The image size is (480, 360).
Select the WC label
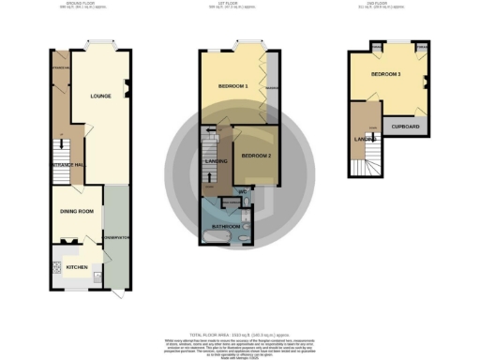click(243, 194)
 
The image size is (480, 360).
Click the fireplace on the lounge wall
click(128, 90)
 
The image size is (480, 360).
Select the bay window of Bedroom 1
click(248, 46)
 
